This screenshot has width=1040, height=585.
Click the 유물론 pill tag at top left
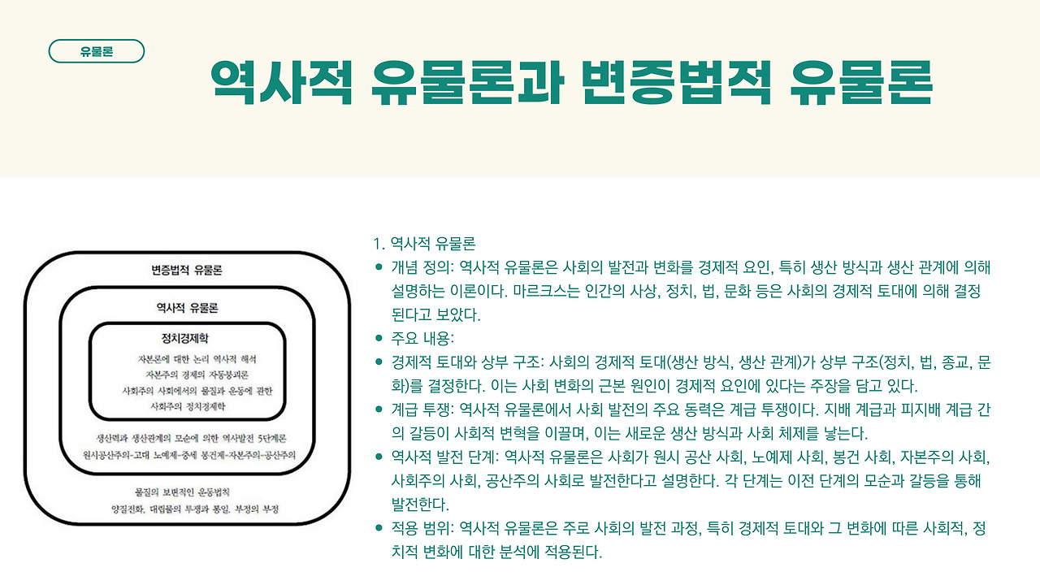click(97, 51)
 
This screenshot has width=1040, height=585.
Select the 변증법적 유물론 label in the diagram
click(187, 270)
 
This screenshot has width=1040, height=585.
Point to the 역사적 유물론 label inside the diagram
click(187, 307)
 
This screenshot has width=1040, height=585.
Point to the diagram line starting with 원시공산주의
click(188, 453)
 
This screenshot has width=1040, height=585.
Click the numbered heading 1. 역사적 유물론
click(423, 244)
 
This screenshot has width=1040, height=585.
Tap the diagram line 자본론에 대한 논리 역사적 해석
click(198, 358)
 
